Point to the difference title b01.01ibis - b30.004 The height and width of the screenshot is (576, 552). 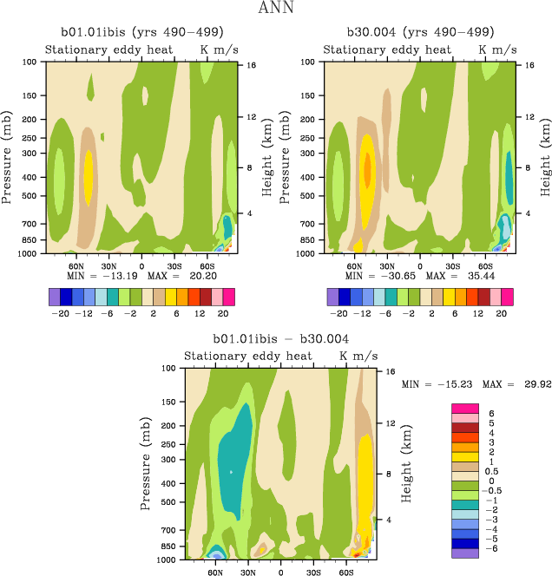[x=280, y=339]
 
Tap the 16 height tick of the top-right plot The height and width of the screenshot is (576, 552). [x=517, y=65]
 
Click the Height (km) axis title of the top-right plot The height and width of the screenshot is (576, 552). [x=546, y=156]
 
